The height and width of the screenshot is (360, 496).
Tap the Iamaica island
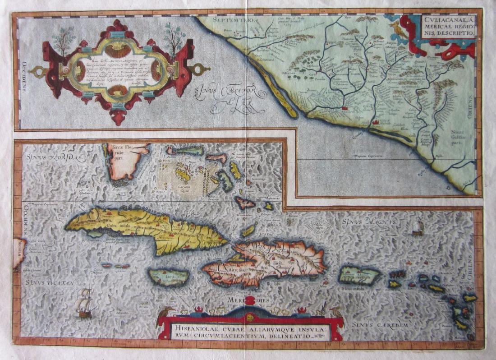[x=169, y=277]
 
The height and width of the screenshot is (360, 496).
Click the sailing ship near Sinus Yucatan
[x=84, y=303]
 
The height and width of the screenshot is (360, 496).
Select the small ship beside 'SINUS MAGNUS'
[x=418, y=226]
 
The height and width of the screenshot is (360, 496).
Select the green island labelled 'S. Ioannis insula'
[x=360, y=275]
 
